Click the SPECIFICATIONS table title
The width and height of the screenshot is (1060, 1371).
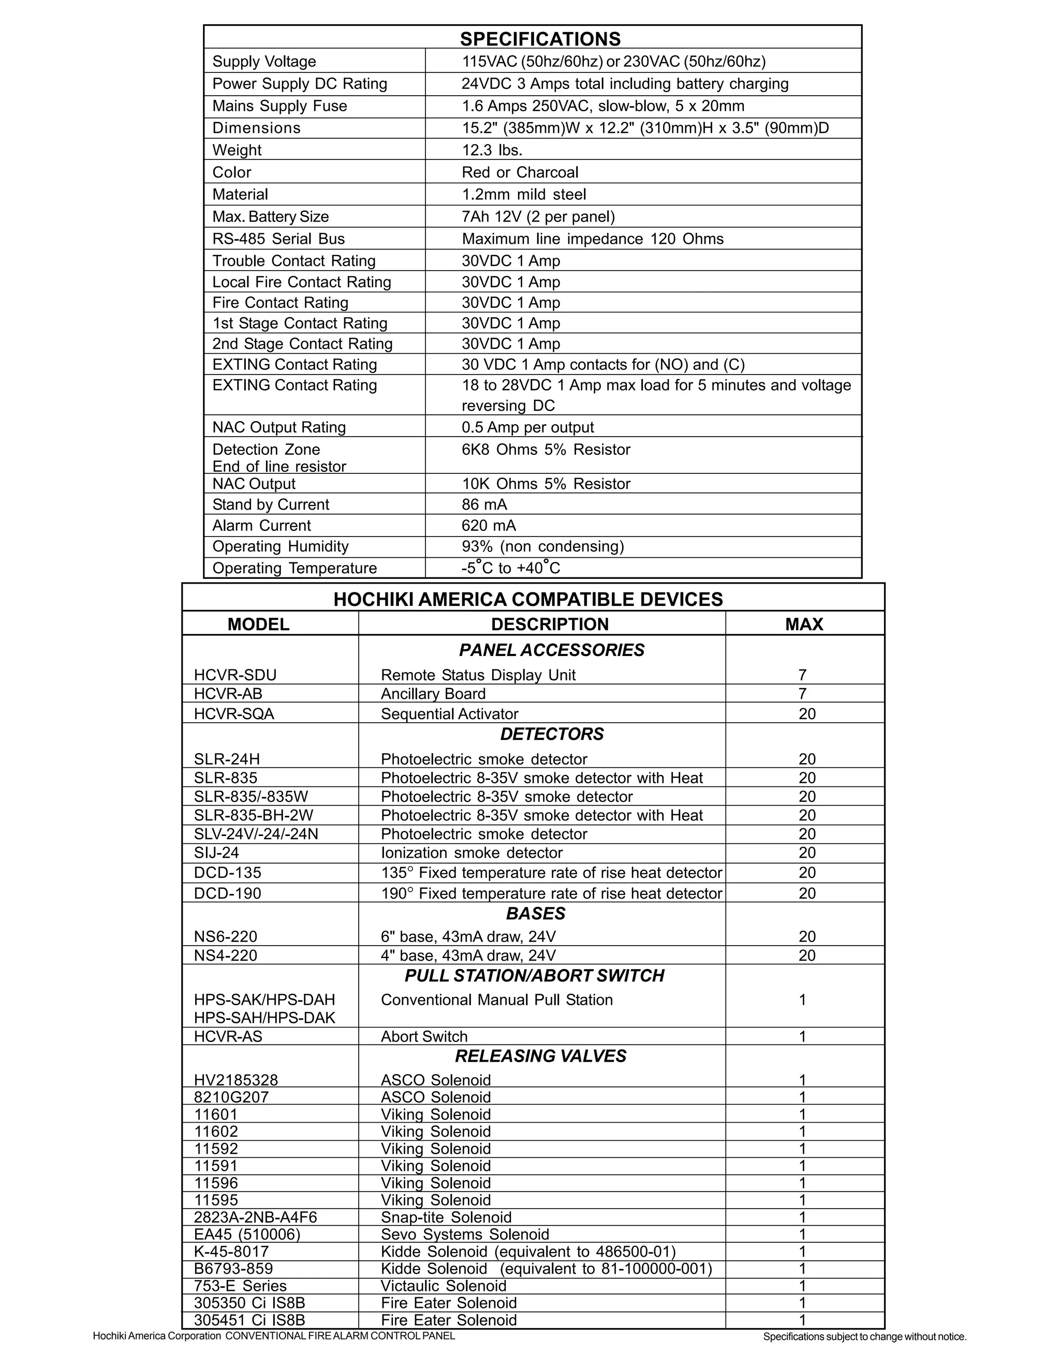[x=540, y=39]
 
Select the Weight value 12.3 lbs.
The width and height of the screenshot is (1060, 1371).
[x=492, y=150]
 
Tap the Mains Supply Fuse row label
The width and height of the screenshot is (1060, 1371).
[x=279, y=106]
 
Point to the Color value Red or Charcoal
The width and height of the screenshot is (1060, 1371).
[x=520, y=173]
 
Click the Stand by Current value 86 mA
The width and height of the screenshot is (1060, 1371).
[x=484, y=505]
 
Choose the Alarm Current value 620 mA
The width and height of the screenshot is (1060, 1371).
[x=489, y=526]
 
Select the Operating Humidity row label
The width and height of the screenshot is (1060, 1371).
[x=280, y=547]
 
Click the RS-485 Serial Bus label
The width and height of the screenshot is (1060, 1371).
[x=278, y=239]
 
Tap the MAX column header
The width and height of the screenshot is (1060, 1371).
[x=804, y=624]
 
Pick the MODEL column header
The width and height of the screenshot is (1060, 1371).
[x=258, y=624]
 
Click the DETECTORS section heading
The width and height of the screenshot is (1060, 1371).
[x=552, y=734]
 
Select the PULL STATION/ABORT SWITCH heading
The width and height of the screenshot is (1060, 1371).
[x=534, y=976]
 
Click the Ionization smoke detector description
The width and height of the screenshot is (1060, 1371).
[x=472, y=853]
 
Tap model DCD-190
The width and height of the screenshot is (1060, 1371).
[x=227, y=893]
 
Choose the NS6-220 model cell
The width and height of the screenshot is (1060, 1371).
[x=226, y=936]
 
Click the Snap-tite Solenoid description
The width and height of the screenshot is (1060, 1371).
[x=446, y=1218]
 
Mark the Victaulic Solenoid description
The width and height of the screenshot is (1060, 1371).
[x=444, y=1286]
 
